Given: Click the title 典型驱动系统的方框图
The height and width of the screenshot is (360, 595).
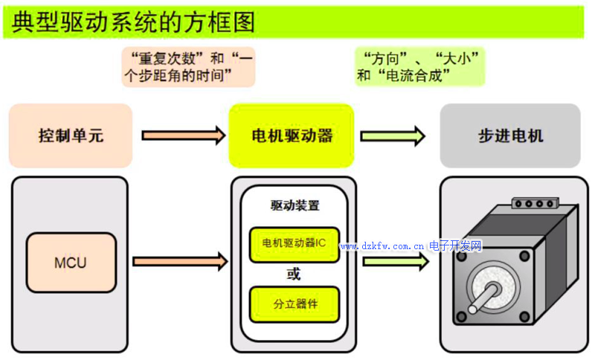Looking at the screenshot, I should pyautogui.click(x=134, y=22).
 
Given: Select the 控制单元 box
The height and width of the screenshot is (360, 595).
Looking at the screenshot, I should pyautogui.click(x=71, y=136).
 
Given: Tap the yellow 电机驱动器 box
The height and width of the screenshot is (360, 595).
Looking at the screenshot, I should pyautogui.click(x=292, y=136).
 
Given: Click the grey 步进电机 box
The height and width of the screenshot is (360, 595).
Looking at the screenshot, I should pyautogui.click(x=510, y=136).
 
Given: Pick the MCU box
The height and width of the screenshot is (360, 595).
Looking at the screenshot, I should pyautogui.click(x=71, y=263).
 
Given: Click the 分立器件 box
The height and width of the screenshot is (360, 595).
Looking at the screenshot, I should pyautogui.click(x=295, y=304).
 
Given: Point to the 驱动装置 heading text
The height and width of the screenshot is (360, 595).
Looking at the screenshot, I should pyautogui.click(x=295, y=204).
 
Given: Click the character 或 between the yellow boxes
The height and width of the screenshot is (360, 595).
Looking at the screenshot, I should pyautogui.click(x=294, y=274).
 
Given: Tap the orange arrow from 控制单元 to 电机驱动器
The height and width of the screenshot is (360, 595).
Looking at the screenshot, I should pyautogui.click(x=183, y=135).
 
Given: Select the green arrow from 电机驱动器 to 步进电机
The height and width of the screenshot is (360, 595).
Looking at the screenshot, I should pyautogui.click(x=393, y=135).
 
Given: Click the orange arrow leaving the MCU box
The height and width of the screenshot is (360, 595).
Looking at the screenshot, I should pyautogui.click(x=179, y=261).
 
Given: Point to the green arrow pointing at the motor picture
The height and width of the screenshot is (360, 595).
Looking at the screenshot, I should pyautogui.click(x=405, y=261).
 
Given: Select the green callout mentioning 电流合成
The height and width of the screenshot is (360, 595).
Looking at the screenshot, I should pyautogui.click(x=419, y=66).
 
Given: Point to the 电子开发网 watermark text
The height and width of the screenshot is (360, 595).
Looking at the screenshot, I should pyautogui.click(x=456, y=246).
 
